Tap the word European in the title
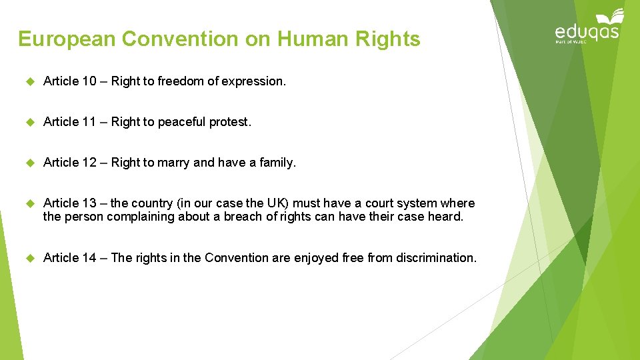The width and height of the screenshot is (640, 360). [x=66, y=39]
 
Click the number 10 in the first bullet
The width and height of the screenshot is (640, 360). [x=89, y=81]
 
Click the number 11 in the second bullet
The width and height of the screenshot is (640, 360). [x=89, y=122]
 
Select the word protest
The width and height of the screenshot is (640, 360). [x=230, y=122]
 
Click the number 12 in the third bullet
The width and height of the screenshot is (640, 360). [x=89, y=163]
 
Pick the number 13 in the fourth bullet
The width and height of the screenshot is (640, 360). [x=89, y=203]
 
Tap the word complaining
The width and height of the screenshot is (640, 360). [x=136, y=217]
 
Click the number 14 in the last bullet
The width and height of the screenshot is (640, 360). [x=89, y=258]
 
